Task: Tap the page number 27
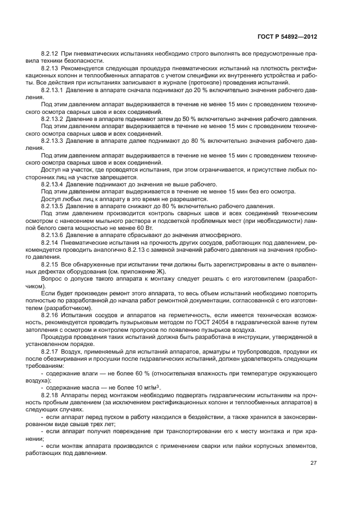click(x=314, y=463)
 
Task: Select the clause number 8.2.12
click(x=51, y=55)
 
